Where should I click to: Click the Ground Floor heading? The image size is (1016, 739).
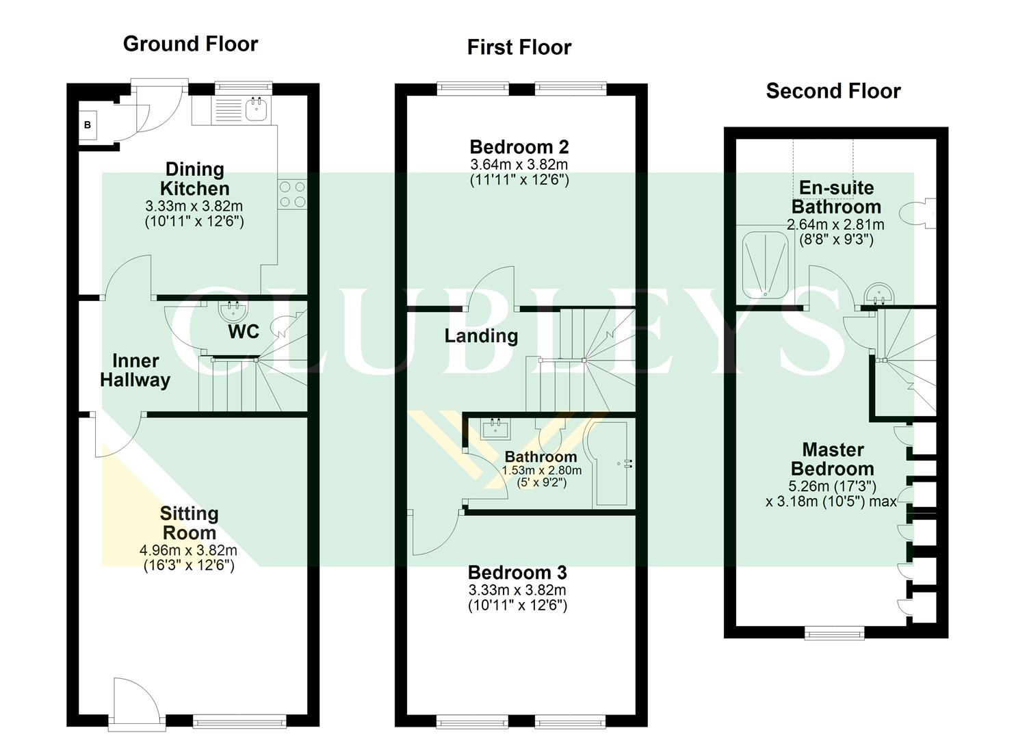(x=190, y=44)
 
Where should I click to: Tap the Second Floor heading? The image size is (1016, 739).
(x=833, y=91)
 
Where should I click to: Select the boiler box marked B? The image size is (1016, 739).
(x=88, y=125)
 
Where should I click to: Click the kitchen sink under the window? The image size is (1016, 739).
(x=256, y=109)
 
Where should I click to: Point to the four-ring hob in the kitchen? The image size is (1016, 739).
(x=292, y=194)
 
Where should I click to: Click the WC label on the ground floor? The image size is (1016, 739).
(x=244, y=332)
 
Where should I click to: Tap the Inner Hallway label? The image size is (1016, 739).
(x=135, y=370)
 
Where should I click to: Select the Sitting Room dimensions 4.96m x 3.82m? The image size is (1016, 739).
(x=188, y=550)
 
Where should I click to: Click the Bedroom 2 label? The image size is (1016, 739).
(x=519, y=147)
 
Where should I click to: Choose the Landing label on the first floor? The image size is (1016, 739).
(x=481, y=336)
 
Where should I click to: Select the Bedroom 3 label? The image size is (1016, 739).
(x=517, y=573)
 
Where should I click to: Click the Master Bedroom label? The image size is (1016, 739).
(x=832, y=459)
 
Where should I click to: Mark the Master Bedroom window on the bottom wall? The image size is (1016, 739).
(x=834, y=633)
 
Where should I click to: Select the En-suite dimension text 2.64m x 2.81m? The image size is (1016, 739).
(x=835, y=224)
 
